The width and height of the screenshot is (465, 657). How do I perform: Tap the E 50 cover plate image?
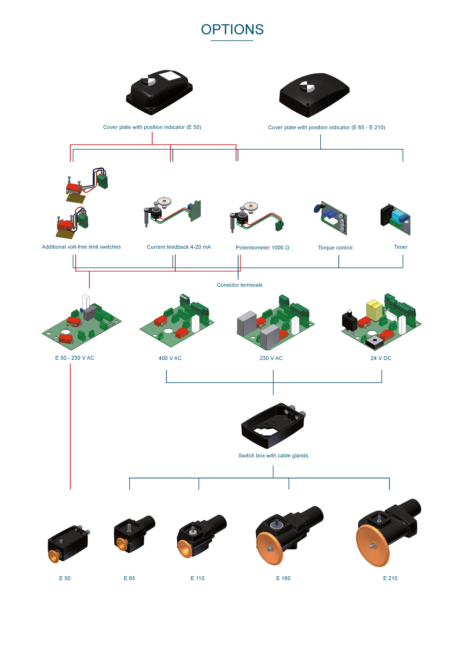click(x=159, y=92)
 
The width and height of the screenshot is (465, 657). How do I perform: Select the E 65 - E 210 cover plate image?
click(x=314, y=95)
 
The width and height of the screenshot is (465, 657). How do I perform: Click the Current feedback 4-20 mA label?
click(x=179, y=247)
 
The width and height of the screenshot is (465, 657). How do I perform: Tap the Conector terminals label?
click(x=240, y=285)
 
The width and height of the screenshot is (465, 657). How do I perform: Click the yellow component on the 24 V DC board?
click(x=374, y=310)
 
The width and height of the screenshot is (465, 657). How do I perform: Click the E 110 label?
click(x=197, y=578)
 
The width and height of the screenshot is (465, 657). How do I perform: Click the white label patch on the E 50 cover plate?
click(x=170, y=76)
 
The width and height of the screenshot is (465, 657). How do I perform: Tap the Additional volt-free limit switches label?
click(x=81, y=247)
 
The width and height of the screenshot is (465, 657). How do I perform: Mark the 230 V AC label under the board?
click(x=271, y=358)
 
